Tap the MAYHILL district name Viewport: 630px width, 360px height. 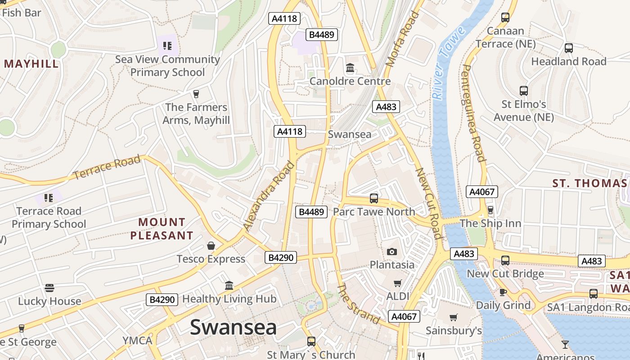click(31, 63)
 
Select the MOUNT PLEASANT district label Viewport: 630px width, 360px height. click(162, 229)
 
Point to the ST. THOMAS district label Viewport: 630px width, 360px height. click(589, 183)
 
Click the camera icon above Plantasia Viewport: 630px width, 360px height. click(392, 252)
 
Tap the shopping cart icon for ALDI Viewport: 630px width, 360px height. click(398, 283)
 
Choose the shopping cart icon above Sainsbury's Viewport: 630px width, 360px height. click(454, 317)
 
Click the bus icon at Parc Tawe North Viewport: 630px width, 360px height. click(373, 198)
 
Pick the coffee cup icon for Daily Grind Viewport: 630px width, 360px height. click(503, 292)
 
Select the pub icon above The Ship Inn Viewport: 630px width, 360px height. click(490, 210)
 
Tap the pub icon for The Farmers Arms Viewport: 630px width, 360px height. click(196, 94)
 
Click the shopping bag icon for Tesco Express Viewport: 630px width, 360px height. click(211, 246)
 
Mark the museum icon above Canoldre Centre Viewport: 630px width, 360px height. click(350, 68)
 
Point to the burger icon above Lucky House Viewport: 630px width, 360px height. click(49, 288)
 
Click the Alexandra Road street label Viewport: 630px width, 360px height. click(269, 196)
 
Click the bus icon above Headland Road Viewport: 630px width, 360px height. click(569, 48)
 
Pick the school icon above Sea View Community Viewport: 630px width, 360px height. click(167, 45)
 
